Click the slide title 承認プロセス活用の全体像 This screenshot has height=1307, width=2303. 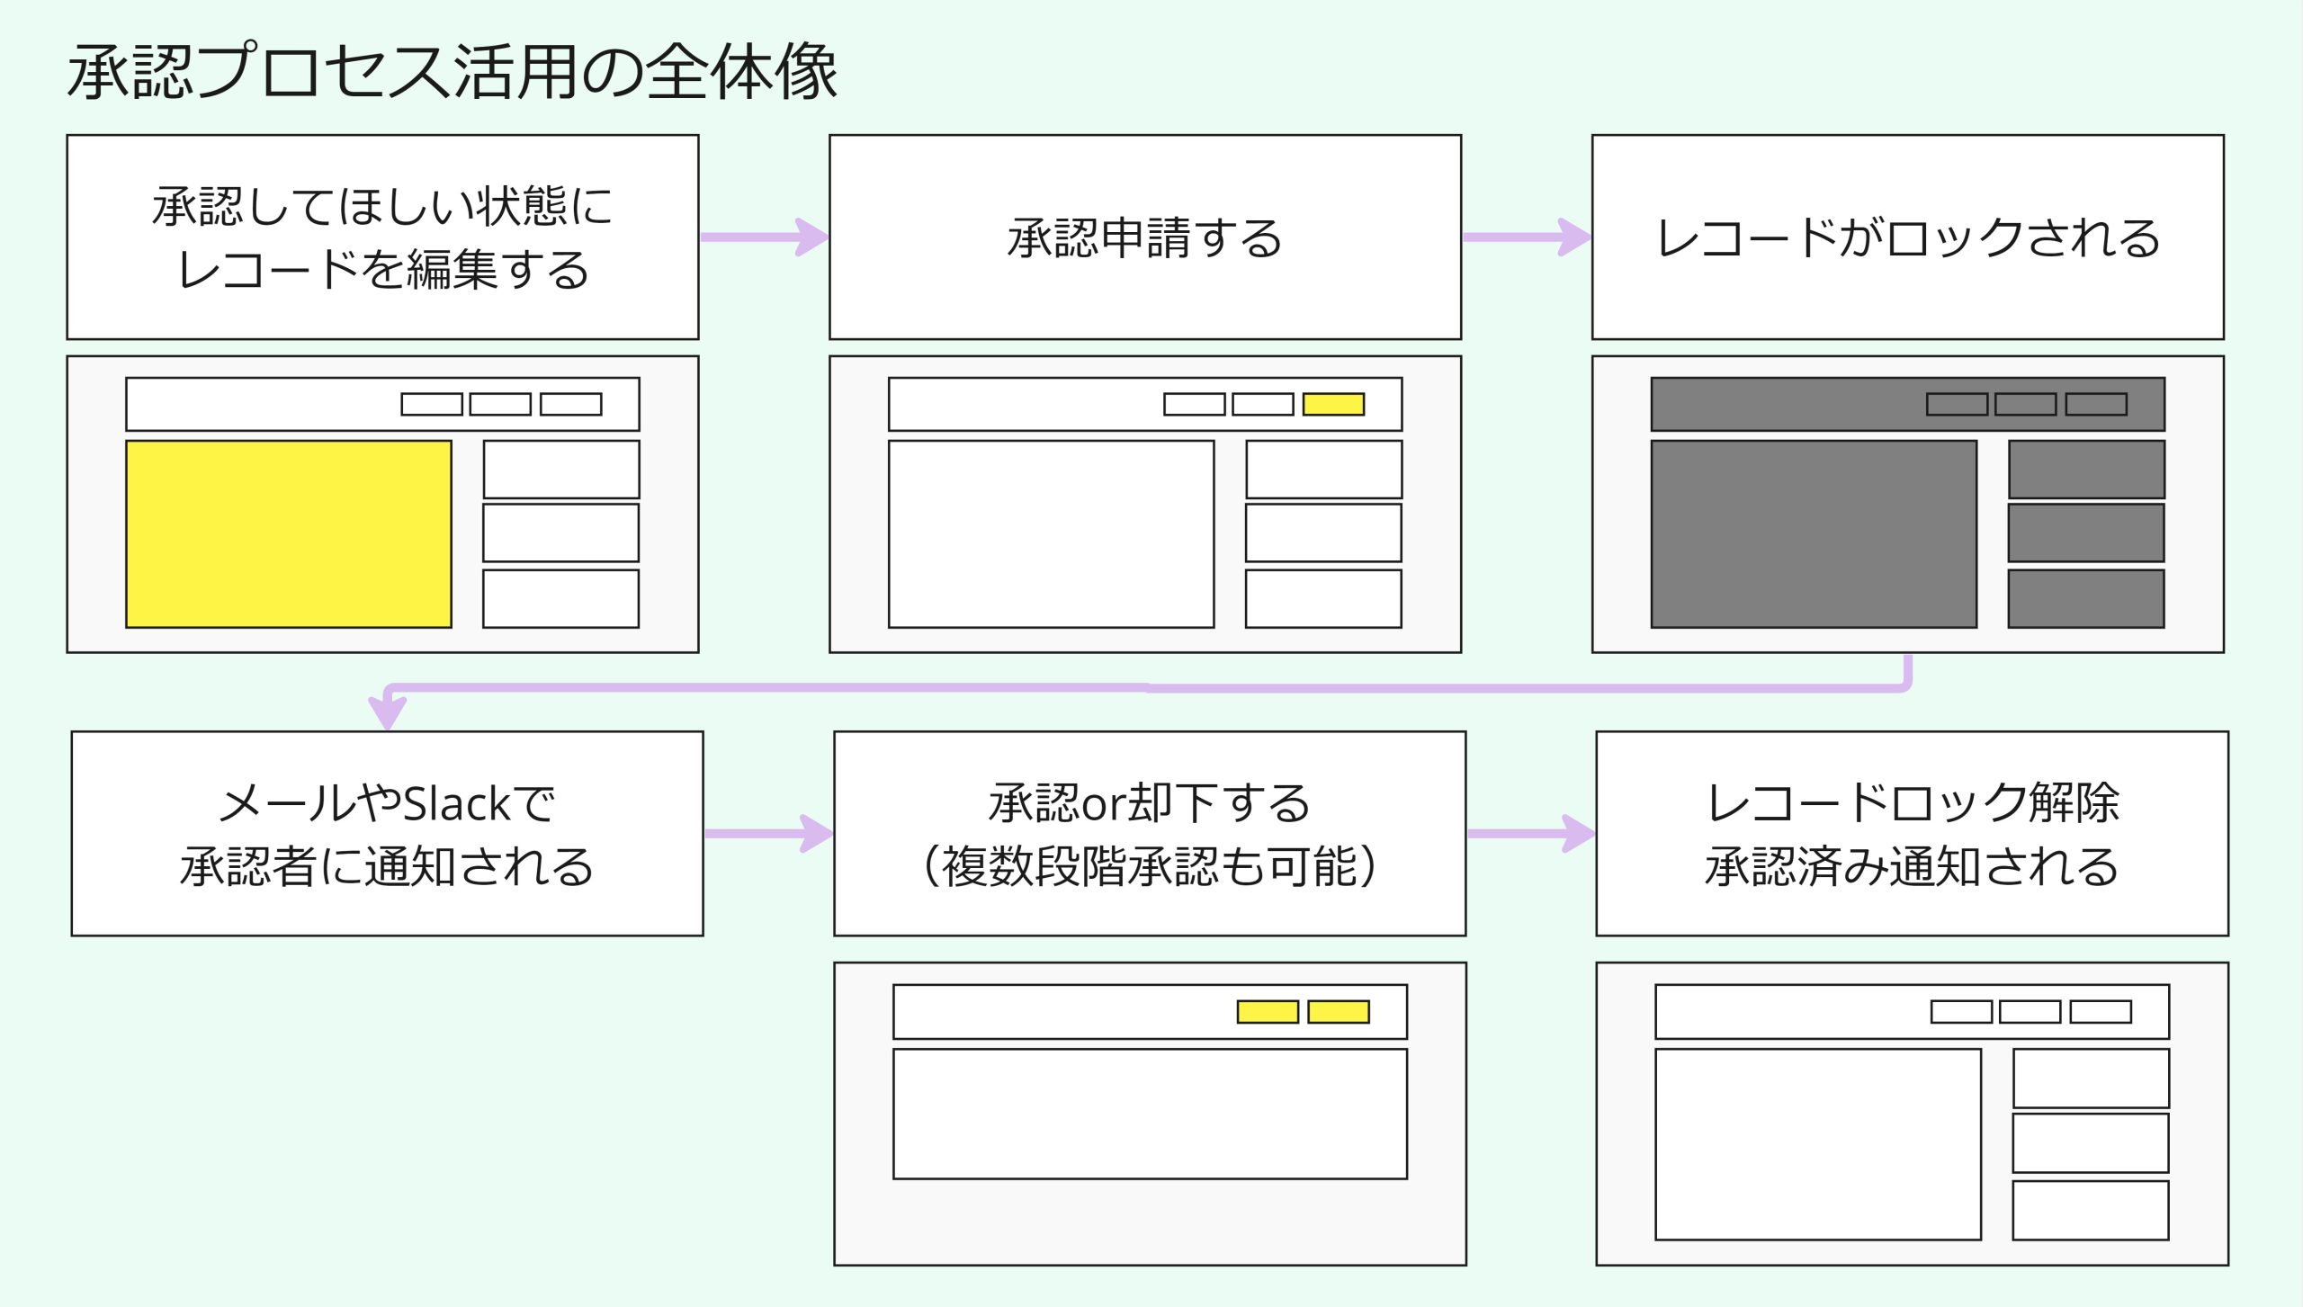click(x=453, y=72)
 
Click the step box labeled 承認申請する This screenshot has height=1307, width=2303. click(x=1144, y=237)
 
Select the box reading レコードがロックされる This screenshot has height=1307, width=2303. click(x=1907, y=237)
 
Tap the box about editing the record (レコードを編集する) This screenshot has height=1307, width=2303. click(x=382, y=237)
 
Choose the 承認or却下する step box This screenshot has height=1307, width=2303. click(x=1149, y=834)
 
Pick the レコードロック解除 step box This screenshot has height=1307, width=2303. click(x=1912, y=834)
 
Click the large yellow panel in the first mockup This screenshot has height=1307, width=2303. click(x=289, y=533)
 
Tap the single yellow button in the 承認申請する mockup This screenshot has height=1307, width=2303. click(x=1333, y=404)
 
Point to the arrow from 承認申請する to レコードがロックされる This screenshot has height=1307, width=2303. click(x=1526, y=237)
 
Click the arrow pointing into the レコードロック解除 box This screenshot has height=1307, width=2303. click(x=1530, y=834)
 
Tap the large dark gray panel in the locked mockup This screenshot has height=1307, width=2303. click(x=1814, y=533)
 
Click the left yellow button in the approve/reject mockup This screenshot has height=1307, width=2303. click(x=1268, y=1012)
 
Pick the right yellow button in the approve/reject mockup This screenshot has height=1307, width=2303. click(x=1338, y=1012)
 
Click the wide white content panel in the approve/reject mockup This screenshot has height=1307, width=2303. click(x=1150, y=1114)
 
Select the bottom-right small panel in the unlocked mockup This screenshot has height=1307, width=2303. click(x=2090, y=1211)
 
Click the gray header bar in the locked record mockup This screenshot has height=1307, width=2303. click(x=1781, y=404)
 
